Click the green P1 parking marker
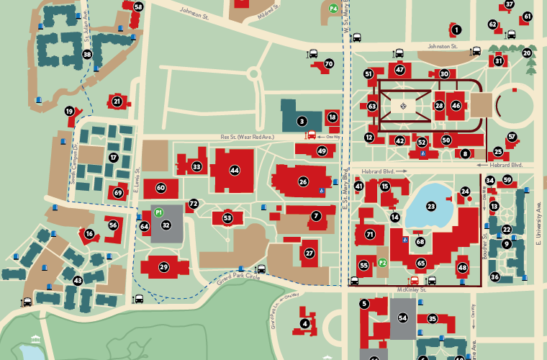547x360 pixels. coord(158,212)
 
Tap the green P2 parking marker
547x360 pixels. coord(383,264)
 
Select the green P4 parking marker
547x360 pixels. coord(333,9)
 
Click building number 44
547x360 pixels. coord(234,170)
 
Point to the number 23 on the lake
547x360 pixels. coord(431,207)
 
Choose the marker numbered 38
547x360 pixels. coord(87,54)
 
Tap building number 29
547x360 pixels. coord(164,267)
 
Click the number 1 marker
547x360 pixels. coord(456,30)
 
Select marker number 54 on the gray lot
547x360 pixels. coord(402,318)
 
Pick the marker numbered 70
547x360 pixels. coord(329,63)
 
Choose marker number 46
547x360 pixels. coord(456,105)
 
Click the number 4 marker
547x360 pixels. coord(305,324)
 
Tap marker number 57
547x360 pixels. coord(512,137)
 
